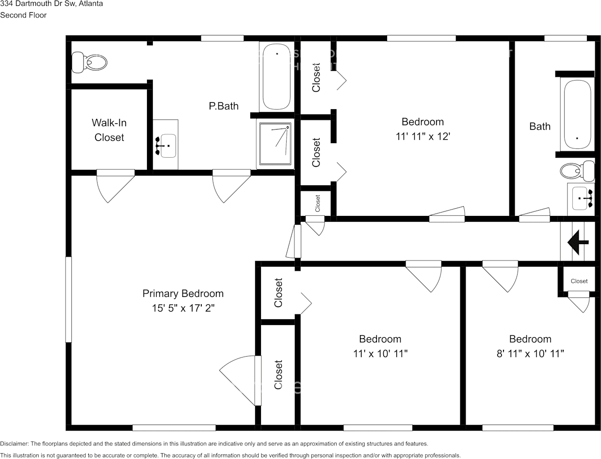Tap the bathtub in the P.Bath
[276, 76]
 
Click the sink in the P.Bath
[165, 145]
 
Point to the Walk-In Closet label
[109, 131]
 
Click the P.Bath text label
[224, 106]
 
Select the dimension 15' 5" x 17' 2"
[183, 308]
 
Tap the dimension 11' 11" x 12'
[422, 136]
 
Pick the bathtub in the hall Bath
[577, 115]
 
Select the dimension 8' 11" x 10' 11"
[530, 354]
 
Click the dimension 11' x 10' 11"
[380, 354]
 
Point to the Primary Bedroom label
[183, 294]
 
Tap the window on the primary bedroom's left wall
[68, 299]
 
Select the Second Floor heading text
[23, 15]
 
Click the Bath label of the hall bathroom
[540, 126]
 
